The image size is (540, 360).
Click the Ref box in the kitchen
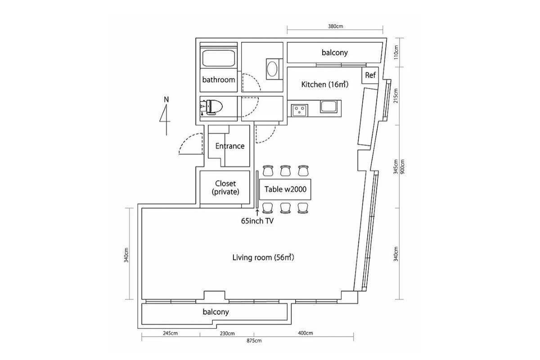370,75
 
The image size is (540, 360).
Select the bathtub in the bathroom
218,58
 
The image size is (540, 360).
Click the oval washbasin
273,69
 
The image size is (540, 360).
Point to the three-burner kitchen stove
299,109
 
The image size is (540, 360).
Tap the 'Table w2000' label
285,189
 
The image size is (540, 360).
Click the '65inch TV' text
258,220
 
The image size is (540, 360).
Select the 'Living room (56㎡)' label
263,257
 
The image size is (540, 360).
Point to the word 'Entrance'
229,146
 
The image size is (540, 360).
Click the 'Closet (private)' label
225,187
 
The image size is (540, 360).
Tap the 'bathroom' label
219,80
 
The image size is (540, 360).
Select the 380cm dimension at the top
335,26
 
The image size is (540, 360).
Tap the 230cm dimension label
227,333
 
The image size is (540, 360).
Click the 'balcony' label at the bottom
216,311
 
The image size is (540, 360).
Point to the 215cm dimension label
396,97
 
